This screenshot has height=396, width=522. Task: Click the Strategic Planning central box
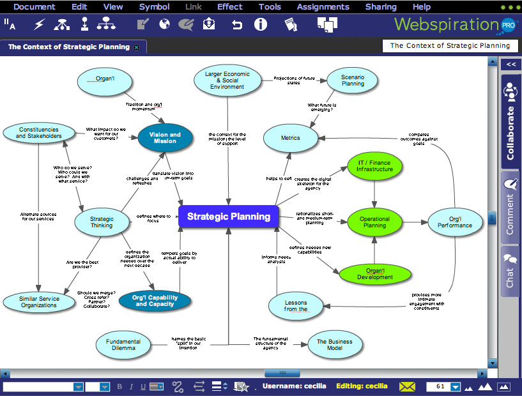(229, 217)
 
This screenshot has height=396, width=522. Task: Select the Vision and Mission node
(165, 138)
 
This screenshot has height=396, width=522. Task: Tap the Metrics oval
(290, 138)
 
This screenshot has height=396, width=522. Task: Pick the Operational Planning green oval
(374, 222)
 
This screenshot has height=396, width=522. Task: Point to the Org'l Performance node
(455, 222)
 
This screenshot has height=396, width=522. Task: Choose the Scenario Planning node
(353, 80)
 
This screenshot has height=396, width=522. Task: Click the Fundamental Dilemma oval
(123, 345)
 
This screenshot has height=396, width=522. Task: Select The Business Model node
(335, 345)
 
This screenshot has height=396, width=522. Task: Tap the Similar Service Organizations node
(39, 302)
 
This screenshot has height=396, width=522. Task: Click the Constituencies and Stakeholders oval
(39, 133)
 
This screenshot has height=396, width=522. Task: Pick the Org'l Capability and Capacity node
(154, 301)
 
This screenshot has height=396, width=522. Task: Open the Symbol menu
(154, 7)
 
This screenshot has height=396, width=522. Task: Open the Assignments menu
(323, 7)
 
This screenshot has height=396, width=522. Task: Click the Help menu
(422, 7)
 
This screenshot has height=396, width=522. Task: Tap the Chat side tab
(510, 271)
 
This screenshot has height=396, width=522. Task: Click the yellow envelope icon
(407, 386)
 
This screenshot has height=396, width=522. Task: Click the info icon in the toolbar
(260, 25)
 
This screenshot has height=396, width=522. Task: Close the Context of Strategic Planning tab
(136, 47)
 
